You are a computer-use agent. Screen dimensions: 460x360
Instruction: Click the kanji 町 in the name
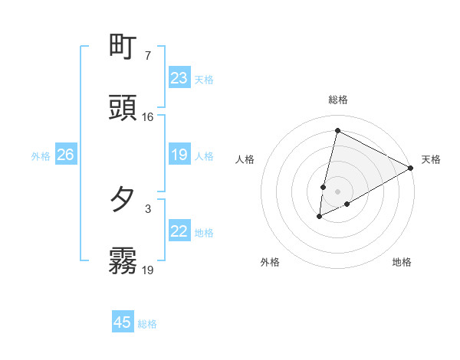(123, 47)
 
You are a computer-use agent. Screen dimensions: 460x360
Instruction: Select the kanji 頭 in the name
(123, 108)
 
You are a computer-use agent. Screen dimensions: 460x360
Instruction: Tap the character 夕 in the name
(123, 200)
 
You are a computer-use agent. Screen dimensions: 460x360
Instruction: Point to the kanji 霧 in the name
(123, 260)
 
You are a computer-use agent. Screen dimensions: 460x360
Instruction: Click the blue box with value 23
(179, 78)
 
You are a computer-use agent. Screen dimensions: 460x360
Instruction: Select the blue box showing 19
(179, 155)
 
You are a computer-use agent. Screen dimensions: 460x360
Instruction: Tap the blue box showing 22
(179, 231)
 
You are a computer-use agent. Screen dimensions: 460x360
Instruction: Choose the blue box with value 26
(65, 155)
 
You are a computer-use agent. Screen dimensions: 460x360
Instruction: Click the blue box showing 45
(123, 322)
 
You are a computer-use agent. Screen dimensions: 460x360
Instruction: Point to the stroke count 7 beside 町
(147, 56)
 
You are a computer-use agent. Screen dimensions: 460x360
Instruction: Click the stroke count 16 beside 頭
(147, 117)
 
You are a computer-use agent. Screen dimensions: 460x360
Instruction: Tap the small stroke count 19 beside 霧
(147, 270)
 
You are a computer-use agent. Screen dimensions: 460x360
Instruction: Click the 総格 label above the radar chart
(337, 100)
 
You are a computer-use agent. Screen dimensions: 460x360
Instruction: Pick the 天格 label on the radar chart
(431, 159)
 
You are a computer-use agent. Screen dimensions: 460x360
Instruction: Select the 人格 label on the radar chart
(245, 159)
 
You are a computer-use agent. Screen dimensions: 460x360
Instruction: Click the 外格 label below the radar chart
(270, 262)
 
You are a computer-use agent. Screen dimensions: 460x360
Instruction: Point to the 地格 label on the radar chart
(402, 262)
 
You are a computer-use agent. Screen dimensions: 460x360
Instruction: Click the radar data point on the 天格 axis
(411, 167)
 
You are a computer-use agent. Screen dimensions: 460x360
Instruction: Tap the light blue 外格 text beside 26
(41, 156)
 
